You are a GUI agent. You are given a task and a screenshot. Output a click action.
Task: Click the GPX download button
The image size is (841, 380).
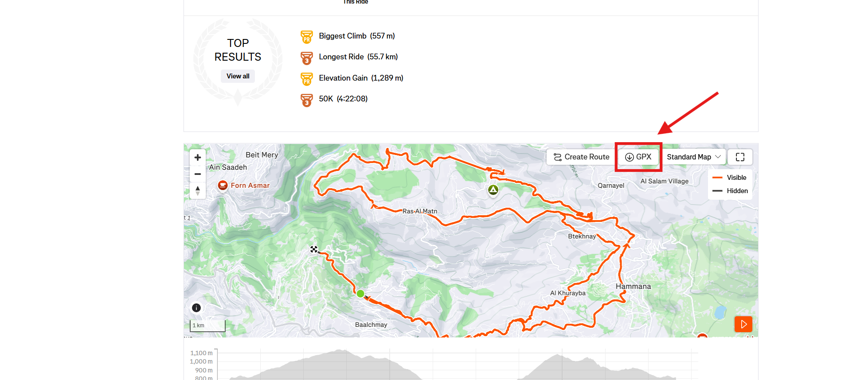638,157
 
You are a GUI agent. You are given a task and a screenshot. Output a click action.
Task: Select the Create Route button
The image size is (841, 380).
581,157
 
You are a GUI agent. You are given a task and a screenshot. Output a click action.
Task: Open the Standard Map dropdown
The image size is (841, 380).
693,157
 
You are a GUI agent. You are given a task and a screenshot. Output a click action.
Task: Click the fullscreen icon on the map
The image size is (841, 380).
740,157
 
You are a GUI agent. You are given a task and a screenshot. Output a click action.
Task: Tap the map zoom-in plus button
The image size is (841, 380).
198,157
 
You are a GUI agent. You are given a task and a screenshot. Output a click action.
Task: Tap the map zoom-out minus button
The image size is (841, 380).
198,174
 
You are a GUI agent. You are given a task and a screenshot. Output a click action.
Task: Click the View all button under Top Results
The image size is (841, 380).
238,76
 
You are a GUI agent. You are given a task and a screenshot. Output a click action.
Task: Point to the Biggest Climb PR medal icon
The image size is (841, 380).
306,37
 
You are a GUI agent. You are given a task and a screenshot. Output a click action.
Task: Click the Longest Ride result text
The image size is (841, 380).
358,57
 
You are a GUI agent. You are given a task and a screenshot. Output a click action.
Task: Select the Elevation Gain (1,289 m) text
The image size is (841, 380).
361,78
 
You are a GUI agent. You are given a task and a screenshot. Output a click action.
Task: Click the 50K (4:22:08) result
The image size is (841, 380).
343,99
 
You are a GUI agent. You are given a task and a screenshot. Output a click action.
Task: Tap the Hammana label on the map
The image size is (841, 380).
633,287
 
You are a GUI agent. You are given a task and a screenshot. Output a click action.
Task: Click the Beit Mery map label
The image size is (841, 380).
262,155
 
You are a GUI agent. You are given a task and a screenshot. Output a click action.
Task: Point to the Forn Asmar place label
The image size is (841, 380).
250,186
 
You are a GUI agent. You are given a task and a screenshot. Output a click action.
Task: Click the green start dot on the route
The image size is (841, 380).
360,293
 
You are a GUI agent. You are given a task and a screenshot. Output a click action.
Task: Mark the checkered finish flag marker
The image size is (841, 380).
314,249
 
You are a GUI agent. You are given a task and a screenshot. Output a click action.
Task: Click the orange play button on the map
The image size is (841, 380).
743,324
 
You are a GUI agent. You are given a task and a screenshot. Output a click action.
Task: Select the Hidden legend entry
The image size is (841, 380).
737,191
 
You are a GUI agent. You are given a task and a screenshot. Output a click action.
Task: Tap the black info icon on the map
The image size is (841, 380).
196,308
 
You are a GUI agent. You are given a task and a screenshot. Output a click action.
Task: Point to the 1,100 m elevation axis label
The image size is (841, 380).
201,353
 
